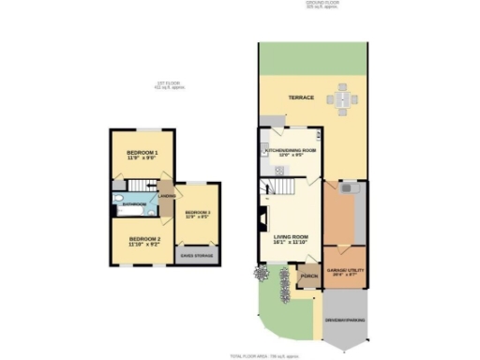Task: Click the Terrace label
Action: click(x=300, y=97)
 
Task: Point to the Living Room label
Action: click(x=291, y=240)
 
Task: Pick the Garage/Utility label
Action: click(x=344, y=272)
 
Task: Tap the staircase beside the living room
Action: click(x=280, y=191)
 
